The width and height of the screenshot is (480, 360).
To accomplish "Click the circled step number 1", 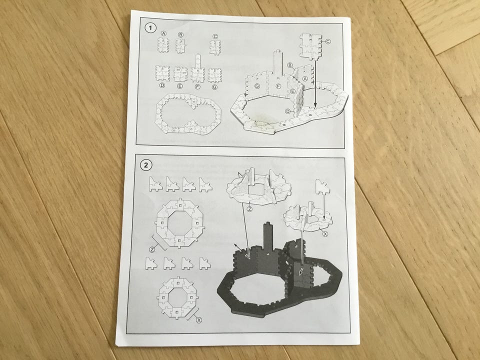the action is tap(150, 28).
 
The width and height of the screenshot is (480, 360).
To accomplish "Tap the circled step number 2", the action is tap(146, 165).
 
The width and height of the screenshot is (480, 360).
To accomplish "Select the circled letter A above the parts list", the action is tap(163, 33).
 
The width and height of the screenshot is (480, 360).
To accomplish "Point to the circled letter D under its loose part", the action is tap(162, 85).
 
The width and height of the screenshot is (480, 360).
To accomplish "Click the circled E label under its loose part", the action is tap(179, 86).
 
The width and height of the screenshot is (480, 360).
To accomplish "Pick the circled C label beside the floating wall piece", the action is tap(328, 41).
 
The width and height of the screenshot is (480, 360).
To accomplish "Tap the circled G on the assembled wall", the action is tap(257, 86).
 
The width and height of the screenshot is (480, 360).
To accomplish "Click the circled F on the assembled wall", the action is tap(278, 86).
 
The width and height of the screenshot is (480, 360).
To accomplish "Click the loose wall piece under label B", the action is tap(180, 45).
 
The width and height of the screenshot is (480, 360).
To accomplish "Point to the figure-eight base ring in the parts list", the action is tap(188, 113).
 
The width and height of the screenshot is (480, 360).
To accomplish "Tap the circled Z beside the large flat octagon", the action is tap(152, 249).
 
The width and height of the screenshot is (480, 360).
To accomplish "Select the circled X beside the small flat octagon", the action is tap(199, 320).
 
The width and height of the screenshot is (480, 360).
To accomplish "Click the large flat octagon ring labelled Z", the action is tap(179, 222).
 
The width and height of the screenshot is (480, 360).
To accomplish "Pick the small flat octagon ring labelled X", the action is tap(177, 297).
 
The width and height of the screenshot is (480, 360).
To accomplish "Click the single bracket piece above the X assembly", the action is tap(322, 187).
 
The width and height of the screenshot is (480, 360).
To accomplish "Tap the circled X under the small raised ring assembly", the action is tap(325, 234).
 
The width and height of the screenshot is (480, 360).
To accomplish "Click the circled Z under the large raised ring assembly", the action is tap(250, 209).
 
